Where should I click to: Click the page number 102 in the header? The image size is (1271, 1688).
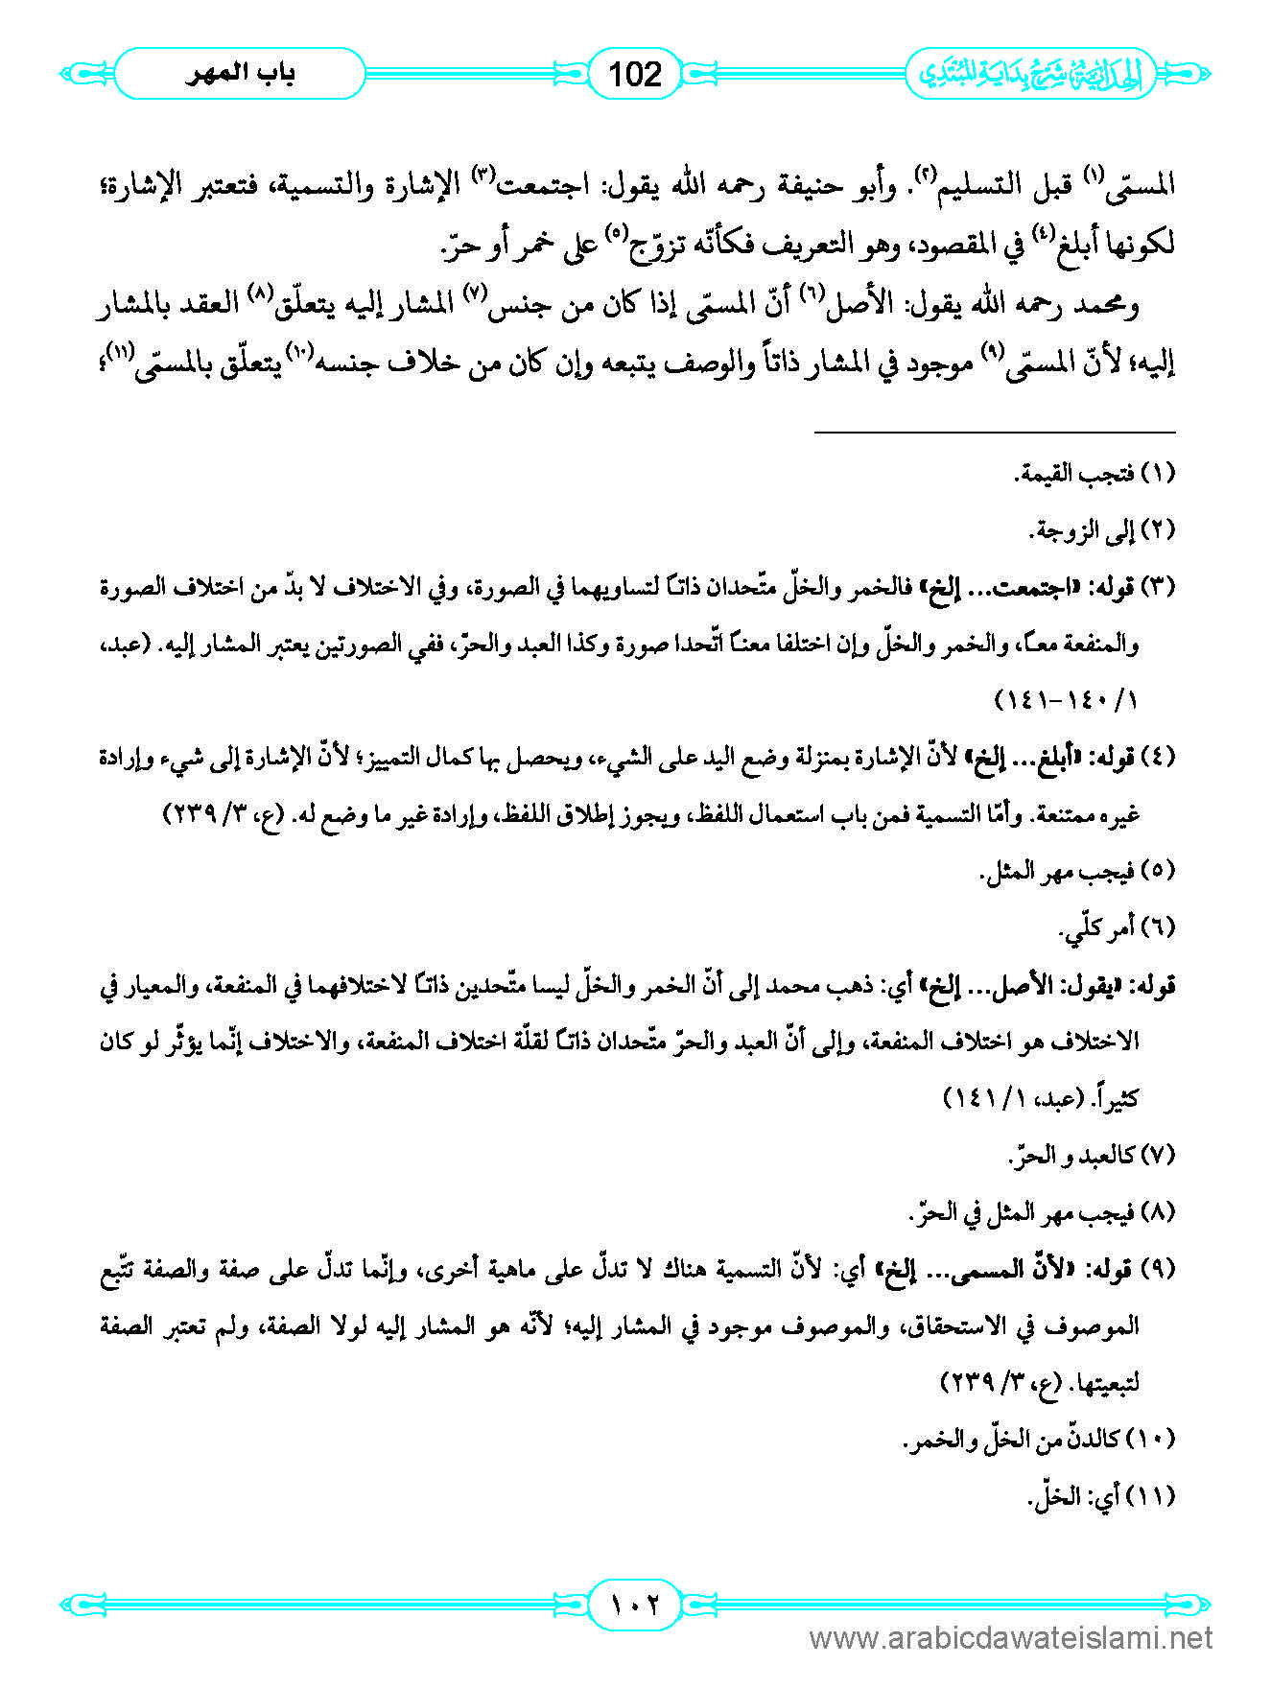click(x=635, y=74)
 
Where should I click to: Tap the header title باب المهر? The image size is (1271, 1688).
click(x=240, y=74)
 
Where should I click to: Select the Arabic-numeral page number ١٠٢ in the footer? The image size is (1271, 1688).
click(x=635, y=1604)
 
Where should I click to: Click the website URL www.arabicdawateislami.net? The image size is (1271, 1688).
click(x=1011, y=1638)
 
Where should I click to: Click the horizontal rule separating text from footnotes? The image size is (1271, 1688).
click(x=995, y=433)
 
